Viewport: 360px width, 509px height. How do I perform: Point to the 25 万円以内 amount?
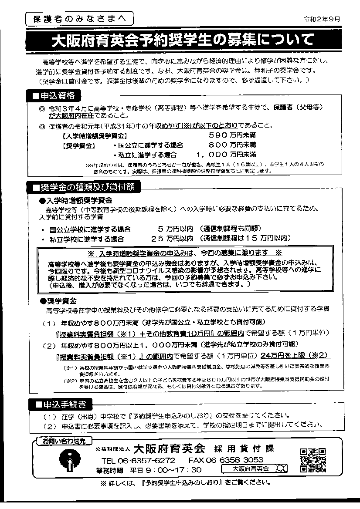click(172, 239)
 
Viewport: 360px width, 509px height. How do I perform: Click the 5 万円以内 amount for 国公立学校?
click(175, 229)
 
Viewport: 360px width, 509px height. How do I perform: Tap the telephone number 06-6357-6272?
click(138, 460)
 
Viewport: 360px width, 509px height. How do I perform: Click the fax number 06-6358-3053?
click(226, 460)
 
